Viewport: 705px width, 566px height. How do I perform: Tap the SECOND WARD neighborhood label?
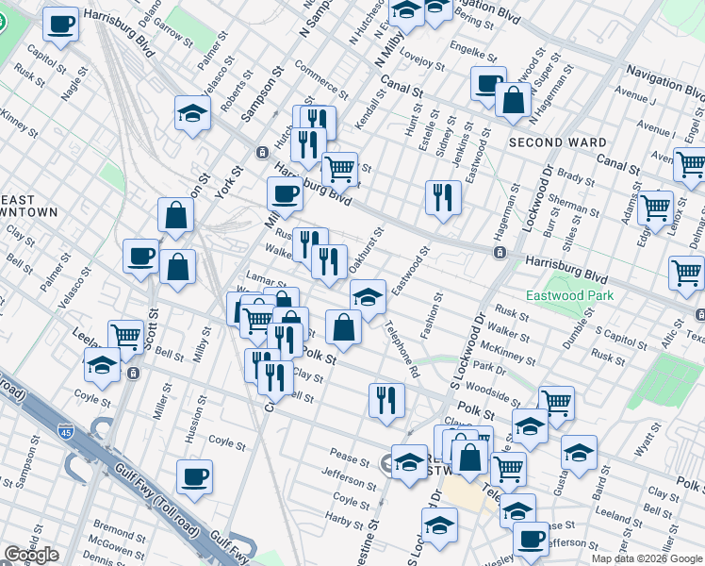click(557, 143)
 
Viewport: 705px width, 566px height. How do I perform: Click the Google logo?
click(31, 554)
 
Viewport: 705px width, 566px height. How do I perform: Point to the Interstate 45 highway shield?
click(65, 431)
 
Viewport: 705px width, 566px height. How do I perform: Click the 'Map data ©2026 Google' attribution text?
click(647, 558)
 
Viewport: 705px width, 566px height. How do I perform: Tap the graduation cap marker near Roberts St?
click(193, 113)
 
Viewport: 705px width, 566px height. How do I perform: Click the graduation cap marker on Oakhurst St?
click(368, 296)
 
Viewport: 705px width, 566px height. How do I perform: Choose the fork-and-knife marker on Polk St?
click(385, 399)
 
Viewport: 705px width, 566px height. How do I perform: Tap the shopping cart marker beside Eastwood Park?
click(687, 274)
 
